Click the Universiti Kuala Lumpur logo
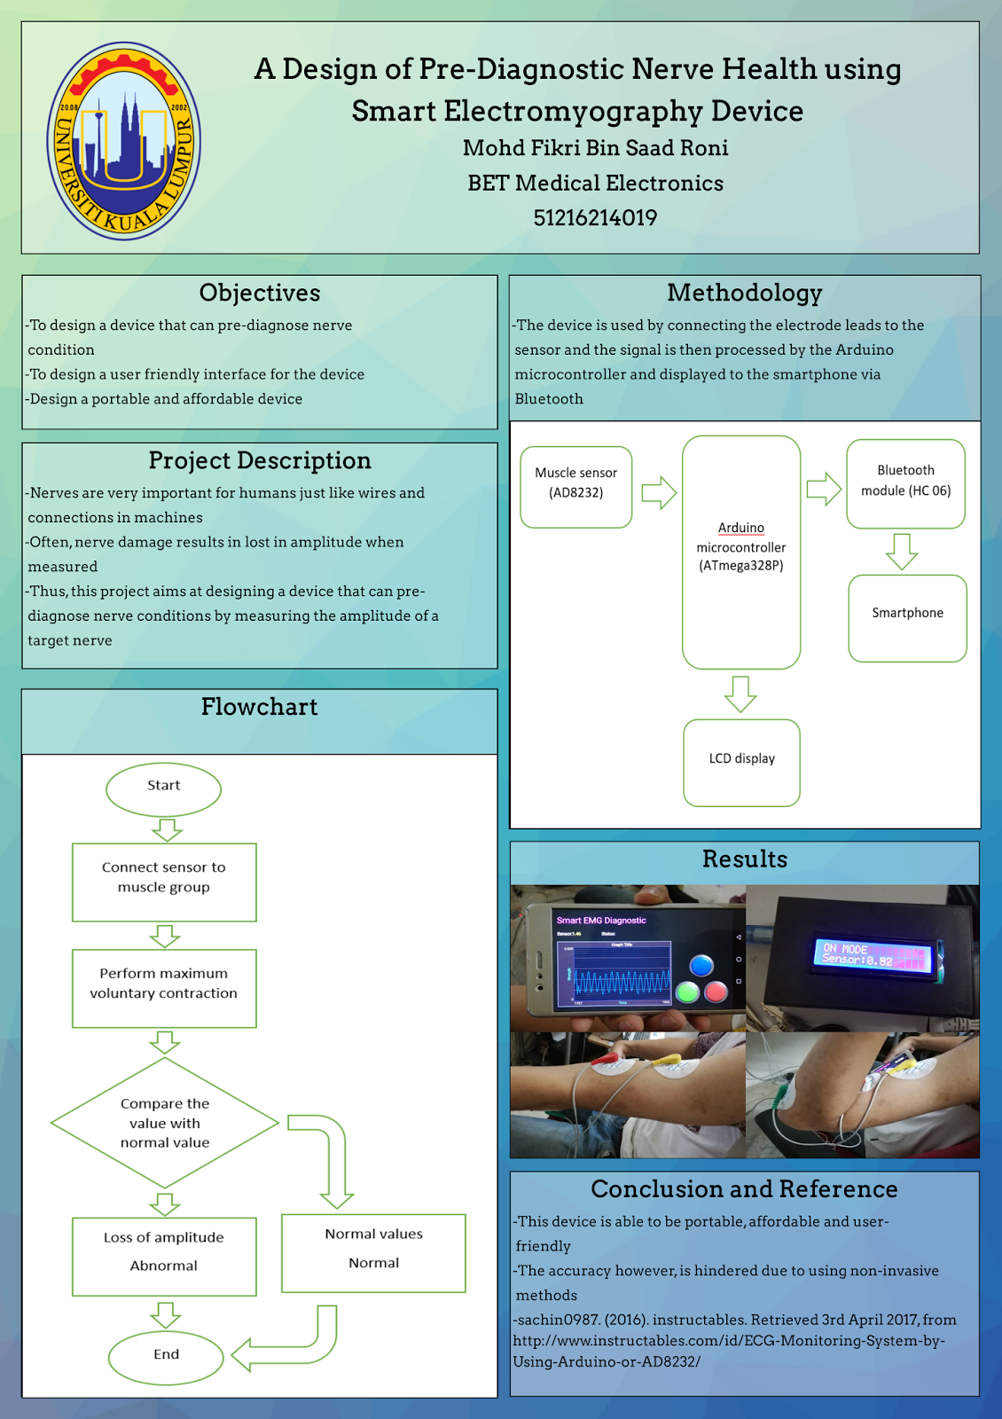point(124,141)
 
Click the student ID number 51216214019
point(595,217)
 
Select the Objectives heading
point(260,293)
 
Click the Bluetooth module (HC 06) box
point(905,483)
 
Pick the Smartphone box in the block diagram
point(907,617)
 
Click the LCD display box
point(741,762)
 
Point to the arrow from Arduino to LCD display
point(740,694)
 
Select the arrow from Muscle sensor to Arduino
point(658,492)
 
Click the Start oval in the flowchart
point(163,788)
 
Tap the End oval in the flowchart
point(166,1356)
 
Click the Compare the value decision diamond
point(165,1123)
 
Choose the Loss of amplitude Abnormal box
point(164,1255)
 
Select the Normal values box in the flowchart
point(373,1251)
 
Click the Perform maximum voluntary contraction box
point(164,987)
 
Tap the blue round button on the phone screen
point(701,965)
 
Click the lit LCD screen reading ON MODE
point(871,955)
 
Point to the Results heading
point(745,859)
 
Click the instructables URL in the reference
point(729,1341)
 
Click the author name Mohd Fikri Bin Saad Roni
point(595,148)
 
